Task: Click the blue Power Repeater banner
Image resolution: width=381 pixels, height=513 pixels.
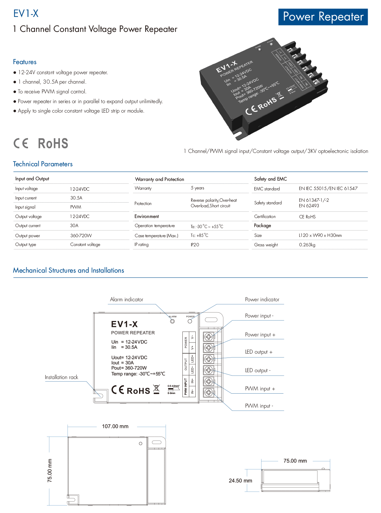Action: click(323, 17)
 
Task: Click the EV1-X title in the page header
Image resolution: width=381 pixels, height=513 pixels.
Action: click(26, 14)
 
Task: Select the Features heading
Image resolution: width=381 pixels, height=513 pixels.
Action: click(25, 62)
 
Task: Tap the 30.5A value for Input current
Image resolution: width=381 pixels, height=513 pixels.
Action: click(76, 198)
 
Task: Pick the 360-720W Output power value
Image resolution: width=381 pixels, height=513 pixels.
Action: click(81, 236)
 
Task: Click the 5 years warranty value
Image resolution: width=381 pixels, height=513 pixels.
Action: click(197, 188)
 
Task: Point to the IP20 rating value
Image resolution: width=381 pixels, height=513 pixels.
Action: click(195, 245)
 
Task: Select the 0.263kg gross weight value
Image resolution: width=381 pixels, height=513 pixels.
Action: click(307, 245)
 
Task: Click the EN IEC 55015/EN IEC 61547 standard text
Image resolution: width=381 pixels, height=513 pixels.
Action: click(328, 188)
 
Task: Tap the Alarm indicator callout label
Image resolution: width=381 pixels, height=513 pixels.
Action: click(126, 300)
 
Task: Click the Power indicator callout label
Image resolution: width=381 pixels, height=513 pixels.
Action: click(262, 300)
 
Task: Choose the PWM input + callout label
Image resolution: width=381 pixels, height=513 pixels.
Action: click(260, 389)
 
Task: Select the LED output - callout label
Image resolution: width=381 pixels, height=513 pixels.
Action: click(258, 371)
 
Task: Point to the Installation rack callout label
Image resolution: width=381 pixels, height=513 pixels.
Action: click(62, 377)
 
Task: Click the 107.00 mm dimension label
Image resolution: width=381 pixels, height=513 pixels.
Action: click(115, 426)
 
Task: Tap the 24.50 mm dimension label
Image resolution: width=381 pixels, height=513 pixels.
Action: click(240, 481)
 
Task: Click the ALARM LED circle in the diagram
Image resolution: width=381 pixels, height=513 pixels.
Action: click(173, 321)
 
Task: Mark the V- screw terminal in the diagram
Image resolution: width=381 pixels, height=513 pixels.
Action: click(209, 337)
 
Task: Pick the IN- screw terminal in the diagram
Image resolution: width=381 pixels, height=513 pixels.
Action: click(209, 392)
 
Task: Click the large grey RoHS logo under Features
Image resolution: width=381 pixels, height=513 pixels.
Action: click(53, 143)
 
